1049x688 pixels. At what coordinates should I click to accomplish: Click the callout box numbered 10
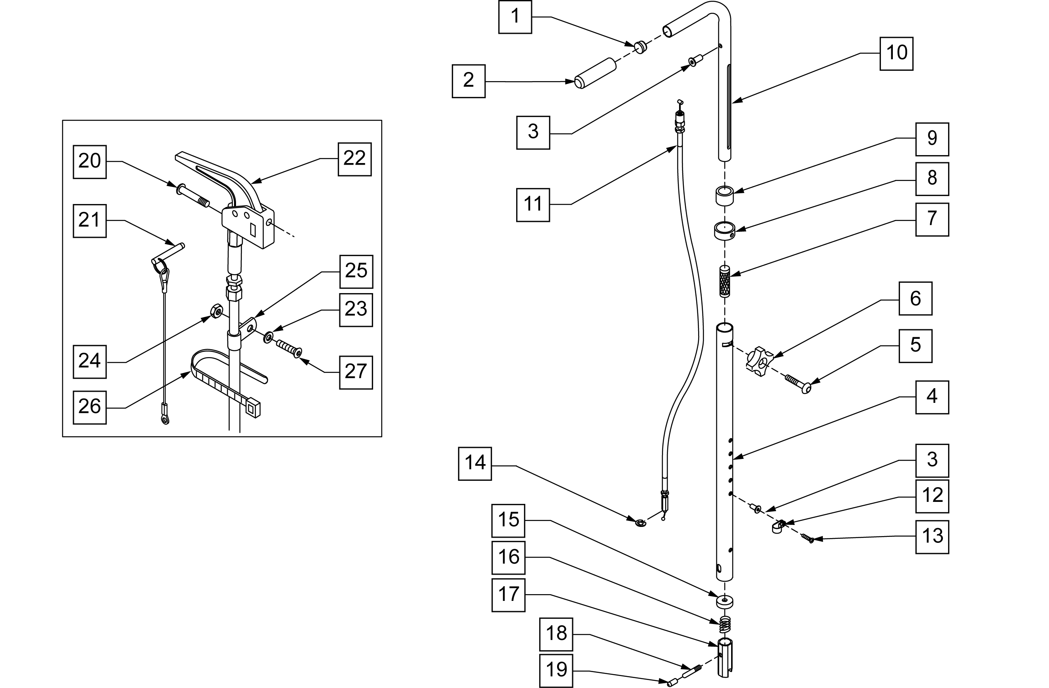point(896,53)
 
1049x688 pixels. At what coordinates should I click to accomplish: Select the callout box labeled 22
point(354,159)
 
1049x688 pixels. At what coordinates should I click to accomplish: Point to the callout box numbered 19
point(556,671)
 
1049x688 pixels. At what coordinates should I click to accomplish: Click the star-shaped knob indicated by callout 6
point(759,361)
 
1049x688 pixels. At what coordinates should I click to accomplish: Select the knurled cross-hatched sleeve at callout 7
point(724,280)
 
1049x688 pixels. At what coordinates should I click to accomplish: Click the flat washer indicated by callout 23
point(268,338)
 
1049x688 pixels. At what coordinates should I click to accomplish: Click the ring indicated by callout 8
point(724,231)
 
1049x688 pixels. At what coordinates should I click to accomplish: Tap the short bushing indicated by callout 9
point(724,196)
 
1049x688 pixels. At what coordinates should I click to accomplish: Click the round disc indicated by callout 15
point(724,601)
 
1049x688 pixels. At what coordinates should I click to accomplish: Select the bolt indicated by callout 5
point(798,383)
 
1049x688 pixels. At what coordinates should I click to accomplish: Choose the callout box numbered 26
point(89,406)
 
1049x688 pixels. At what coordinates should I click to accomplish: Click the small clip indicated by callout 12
point(778,526)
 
